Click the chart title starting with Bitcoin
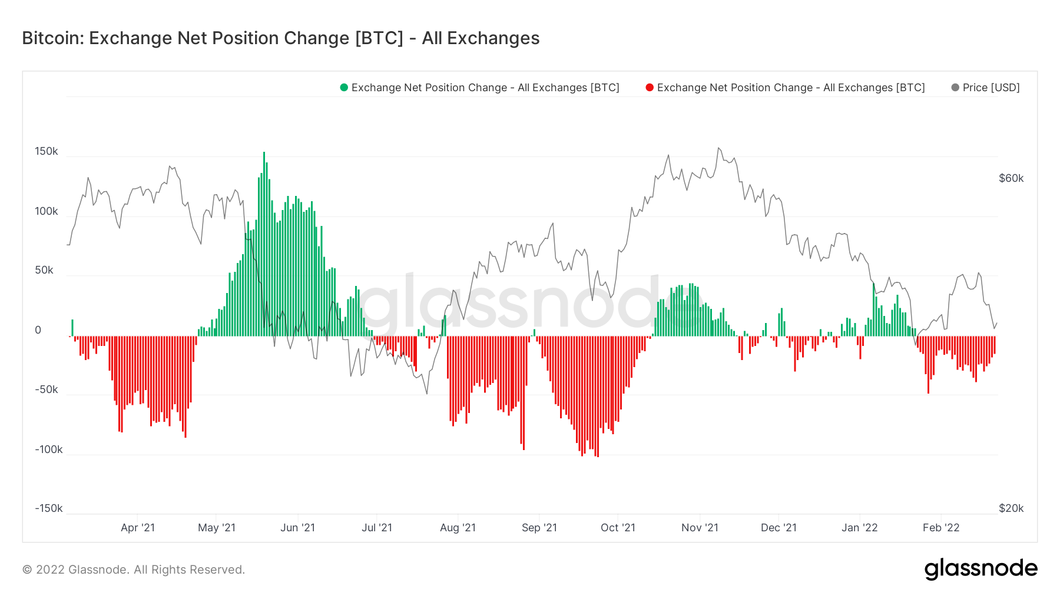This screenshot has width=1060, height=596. click(280, 38)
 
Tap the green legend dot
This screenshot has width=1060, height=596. click(344, 88)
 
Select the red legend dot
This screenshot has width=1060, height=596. click(650, 88)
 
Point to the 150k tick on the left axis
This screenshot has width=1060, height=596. click(47, 151)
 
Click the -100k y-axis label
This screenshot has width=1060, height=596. click(48, 450)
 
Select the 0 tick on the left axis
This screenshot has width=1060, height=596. click(38, 330)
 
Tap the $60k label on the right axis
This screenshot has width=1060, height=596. click(1011, 178)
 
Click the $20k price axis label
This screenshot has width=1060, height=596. click(1011, 508)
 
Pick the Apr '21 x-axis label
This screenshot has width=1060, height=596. click(138, 528)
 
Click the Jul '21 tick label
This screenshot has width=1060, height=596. click(377, 528)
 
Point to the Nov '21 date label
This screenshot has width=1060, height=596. click(700, 528)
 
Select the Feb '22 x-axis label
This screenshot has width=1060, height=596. click(941, 528)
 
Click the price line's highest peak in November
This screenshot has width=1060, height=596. click(718, 148)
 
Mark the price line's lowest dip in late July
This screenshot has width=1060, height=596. click(427, 394)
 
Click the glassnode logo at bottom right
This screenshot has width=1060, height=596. click(980, 569)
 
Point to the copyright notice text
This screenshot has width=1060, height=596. click(134, 570)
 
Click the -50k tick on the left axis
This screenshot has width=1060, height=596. click(47, 389)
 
